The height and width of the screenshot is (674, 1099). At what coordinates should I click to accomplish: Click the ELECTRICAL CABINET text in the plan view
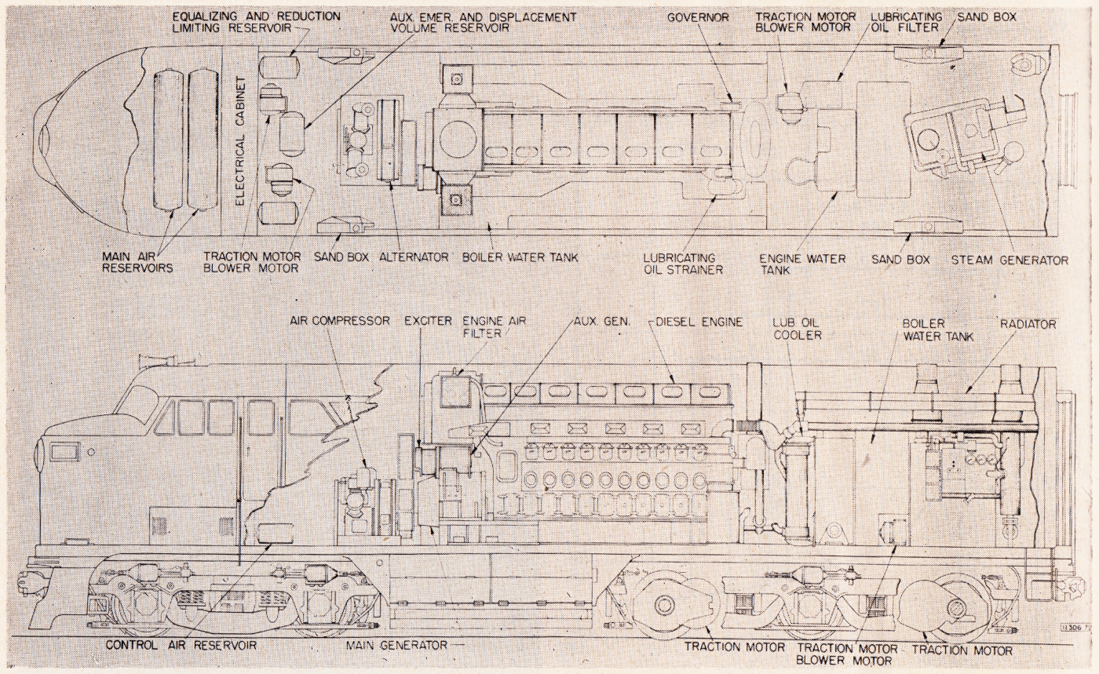point(240,143)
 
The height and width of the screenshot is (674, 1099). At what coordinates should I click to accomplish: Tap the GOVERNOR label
point(698,18)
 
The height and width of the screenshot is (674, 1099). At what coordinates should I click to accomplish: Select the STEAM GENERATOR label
point(1010,260)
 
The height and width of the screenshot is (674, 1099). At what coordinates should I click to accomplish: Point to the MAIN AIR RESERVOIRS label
point(137,262)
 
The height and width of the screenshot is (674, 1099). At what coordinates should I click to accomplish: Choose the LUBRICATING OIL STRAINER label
point(683,264)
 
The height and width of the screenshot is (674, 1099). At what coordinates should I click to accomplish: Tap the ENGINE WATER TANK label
point(802,264)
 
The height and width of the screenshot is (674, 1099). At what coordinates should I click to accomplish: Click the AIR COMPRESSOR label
point(340,321)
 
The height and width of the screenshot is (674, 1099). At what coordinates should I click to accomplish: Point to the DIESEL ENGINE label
point(699,322)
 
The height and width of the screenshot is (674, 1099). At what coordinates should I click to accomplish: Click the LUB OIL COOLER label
point(797,329)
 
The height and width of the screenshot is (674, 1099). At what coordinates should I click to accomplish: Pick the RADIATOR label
point(1028,324)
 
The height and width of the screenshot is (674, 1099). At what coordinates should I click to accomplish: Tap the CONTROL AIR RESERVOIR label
point(181,644)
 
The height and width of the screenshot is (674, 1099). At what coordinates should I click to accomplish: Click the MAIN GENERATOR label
point(396,645)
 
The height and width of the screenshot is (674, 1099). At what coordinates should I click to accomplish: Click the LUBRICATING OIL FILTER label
point(907,22)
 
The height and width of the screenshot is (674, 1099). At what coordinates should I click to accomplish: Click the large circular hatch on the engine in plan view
point(457,138)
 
